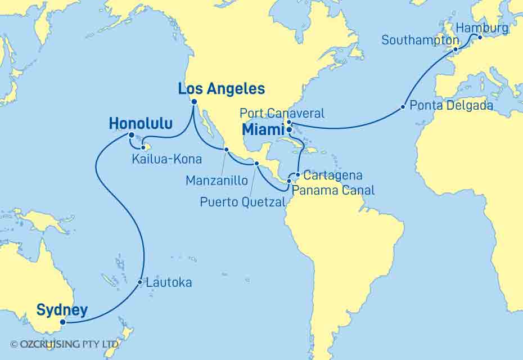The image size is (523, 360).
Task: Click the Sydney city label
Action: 62,310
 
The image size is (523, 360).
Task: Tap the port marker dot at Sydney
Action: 63,322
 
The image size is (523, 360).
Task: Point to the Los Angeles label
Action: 221,89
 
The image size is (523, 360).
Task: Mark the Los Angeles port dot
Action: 194,102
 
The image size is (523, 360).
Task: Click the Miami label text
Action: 263,130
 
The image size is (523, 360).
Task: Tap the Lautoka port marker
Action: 139,282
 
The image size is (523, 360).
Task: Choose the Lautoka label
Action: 169,282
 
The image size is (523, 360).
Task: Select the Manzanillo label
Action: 216,181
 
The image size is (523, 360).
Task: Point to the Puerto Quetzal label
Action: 242,202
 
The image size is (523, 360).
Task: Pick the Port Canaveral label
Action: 282,114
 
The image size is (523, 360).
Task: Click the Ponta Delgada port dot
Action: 403,107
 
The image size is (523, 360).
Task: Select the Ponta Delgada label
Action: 452,106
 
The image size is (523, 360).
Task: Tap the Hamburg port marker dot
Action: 480,38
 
